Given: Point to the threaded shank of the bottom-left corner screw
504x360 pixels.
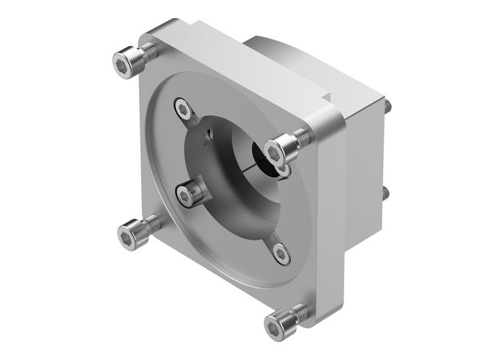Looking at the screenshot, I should pyautogui.click(x=150, y=225).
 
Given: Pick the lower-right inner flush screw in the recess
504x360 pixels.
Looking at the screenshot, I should pyautogui.click(x=282, y=251).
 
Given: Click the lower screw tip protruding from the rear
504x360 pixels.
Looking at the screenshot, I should pyautogui.click(x=387, y=192).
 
